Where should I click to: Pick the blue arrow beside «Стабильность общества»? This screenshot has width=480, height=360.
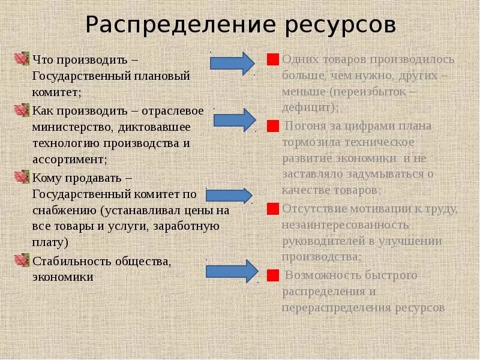[x=232, y=271]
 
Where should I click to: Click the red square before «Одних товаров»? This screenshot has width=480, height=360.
[x=273, y=60]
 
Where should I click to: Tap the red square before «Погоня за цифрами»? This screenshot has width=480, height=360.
[x=273, y=126]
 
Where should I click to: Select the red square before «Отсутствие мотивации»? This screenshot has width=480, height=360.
[x=273, y=209]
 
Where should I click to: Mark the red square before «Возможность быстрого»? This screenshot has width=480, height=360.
[x=273, y=275]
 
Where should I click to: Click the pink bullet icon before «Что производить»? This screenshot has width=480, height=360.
[x=22, y=59]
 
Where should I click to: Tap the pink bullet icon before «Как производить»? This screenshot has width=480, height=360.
[x=22, y=110]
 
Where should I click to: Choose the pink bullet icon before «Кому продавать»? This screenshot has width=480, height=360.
[x=22, y=177]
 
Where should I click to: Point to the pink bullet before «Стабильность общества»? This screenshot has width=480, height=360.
[x=22, y=260]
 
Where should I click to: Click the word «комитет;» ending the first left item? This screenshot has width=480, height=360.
[x=56, y=92]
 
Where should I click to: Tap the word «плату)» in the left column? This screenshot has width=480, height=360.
[x=50, y=242]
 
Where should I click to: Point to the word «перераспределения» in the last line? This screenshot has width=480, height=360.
[x=337, y=308]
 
